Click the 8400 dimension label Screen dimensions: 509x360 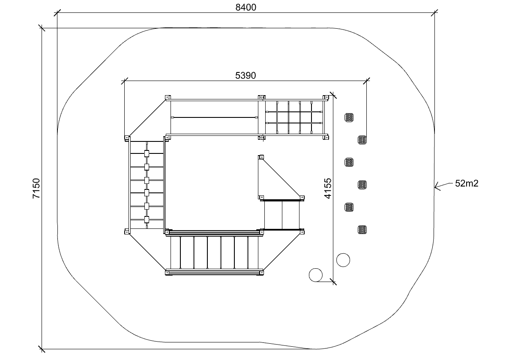click(246, 7)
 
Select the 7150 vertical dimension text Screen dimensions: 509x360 click(36, 188)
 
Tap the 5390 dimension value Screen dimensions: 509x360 click(246, 75)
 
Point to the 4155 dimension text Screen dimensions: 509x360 click(328, 188)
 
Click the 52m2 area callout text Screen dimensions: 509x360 click(467, 183)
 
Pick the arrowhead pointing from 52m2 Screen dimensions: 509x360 click(438, 186)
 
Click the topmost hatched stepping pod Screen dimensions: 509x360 click(349, 117)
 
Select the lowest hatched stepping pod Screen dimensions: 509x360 click(362, 230)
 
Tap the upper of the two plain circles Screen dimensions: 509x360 click(343, 260)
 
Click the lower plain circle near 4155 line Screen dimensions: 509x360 click(315, 275)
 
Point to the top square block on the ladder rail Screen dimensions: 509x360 click(147, 153)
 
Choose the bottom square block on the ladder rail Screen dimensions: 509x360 click(147, 219)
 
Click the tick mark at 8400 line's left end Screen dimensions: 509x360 click(57, 13)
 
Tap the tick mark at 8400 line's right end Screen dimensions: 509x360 click(434, 13)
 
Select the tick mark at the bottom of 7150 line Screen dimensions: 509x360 click(42, 349)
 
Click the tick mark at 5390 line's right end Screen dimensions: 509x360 click(366, 81)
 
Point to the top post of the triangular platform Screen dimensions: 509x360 click(261, 157)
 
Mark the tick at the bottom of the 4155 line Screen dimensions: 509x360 click(333, 282)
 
